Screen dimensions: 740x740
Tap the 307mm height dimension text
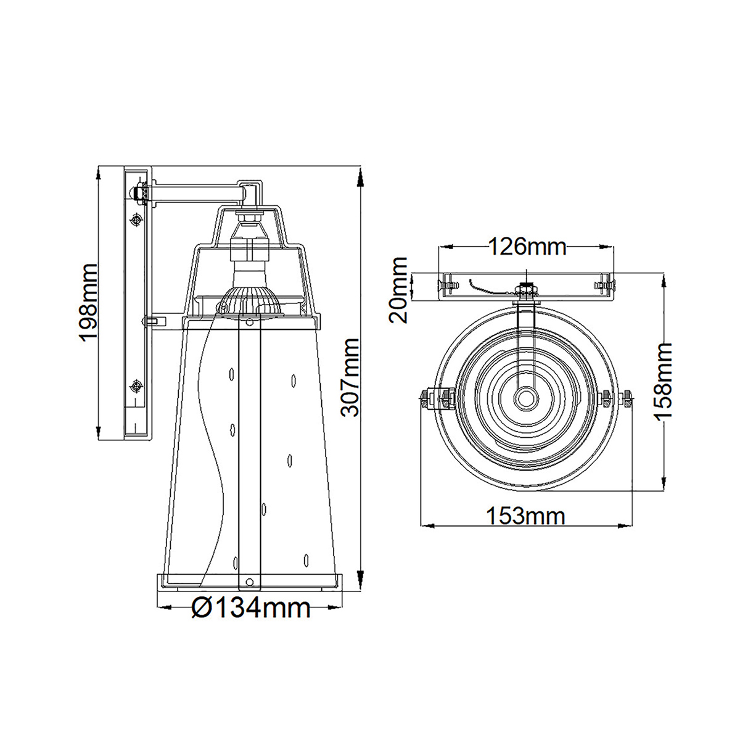tap(350, 377)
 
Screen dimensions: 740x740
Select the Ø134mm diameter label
tap(251, 608)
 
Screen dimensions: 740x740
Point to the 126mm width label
tap(527, 247)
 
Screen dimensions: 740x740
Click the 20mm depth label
tap(398, 290)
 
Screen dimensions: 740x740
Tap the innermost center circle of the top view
tap(526, 397)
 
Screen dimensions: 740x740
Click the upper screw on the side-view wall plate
tap(136, 220)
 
